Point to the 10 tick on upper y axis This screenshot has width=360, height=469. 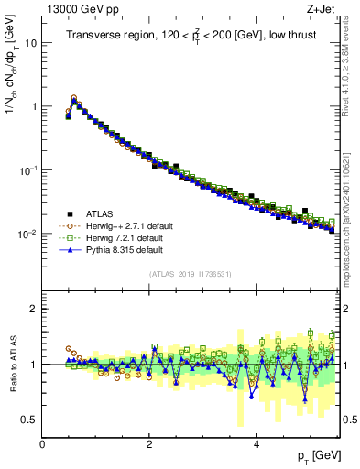click(x=32, y=43)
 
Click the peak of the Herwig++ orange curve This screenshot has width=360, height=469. click(x=74, y=97)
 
